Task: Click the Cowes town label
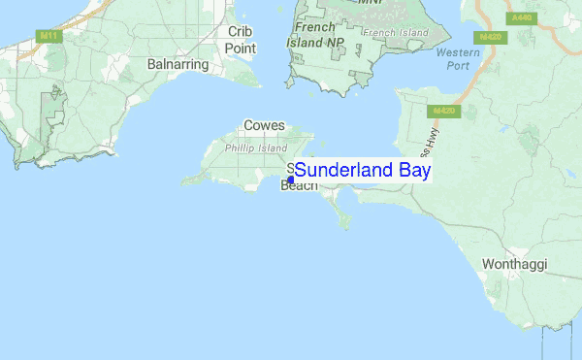click(x=264, y=126)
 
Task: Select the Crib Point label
click(x=240, y=40)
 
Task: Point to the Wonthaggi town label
click(x=515, y=264)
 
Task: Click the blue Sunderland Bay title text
click(x=363, y=171)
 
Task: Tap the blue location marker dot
click(x=290, y=180)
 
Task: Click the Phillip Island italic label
click(x=256, y=148)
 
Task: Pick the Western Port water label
click(x=458, y=59)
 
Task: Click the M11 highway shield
click(x=46, y=36)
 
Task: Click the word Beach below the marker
click(x=299, y=186)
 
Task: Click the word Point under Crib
click(x=240, y=48)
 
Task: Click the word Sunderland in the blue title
click(x=343, y=171)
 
